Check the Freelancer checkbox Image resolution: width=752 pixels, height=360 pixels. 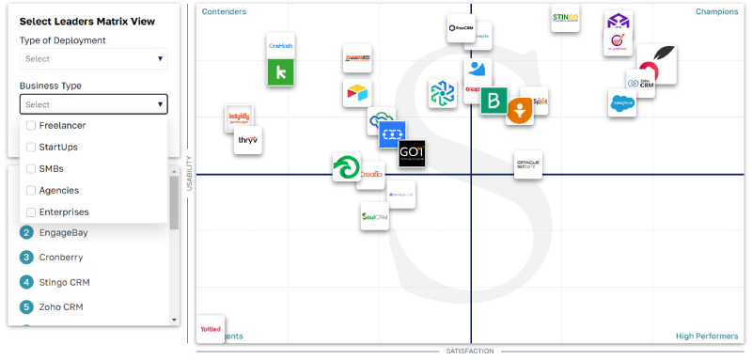coord(31,125)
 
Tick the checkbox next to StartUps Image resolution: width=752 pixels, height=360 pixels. coord(31,147)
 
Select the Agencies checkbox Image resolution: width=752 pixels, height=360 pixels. coord(31,190)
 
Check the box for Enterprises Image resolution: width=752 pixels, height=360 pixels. coord(31,212)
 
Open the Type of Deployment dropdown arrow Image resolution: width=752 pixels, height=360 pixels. coord(161,58)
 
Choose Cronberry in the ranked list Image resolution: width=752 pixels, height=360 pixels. coord(64,257)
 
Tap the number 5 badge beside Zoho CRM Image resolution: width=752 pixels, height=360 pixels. coord(26,306)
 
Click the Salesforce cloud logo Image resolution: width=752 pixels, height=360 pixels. coord(621,102)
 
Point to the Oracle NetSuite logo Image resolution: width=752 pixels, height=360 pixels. coord(527,164)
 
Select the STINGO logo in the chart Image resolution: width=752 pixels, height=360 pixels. coord(565,18)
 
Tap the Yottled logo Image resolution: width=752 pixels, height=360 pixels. coord(211,328)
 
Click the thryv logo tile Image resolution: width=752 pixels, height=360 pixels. coord(247,140)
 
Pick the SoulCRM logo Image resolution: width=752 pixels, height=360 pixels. coord(375,216)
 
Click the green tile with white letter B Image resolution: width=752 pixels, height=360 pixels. coord(493,101)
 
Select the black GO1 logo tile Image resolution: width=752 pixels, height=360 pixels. coord(412,153)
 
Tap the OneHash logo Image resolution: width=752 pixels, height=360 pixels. coord(281,46)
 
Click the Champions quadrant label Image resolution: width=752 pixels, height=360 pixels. coord(716,12)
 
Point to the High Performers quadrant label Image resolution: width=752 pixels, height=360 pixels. coord(706,336)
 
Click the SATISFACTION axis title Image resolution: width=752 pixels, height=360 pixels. coord(469,351)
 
